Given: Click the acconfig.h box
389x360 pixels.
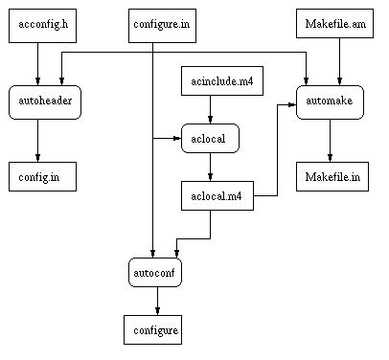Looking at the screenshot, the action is (x=42, y=26).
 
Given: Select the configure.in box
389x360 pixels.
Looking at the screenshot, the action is (x=162, y=26).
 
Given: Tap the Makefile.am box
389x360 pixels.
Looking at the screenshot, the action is (x=334, y=24).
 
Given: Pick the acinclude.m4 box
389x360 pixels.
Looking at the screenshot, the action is (x=222, y=81).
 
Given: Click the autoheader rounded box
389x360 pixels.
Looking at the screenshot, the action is (x=45, y=102).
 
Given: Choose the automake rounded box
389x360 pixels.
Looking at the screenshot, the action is (x=330, y=102).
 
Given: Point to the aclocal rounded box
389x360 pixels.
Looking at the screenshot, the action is (x=210, y=139).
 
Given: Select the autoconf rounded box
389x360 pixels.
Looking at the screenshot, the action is (x=155, y=273).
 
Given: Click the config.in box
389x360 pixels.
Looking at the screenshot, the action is (x=42, y=177).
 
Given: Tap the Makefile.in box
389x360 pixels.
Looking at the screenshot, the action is (x=332, y=177).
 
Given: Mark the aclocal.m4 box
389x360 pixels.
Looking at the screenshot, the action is (x=217, y=196).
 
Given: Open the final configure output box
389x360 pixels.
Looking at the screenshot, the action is (x=153, y=330).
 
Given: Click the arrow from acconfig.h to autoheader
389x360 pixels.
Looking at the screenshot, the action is (x=37, y=64).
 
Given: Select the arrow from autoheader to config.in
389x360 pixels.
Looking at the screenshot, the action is (x=37, y=141).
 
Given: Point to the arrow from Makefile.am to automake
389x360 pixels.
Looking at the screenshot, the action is (x=339, y=61).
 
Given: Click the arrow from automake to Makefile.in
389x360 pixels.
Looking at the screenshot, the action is (x=330, y=141).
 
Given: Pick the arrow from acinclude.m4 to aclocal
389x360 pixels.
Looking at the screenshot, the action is (x=210, y=109).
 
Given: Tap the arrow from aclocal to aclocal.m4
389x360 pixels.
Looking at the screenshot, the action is (x=210, y=168).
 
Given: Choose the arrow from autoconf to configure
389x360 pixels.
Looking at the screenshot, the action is (x=157, y=302).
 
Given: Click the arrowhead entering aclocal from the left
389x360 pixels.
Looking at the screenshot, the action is (x=177, y=139).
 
